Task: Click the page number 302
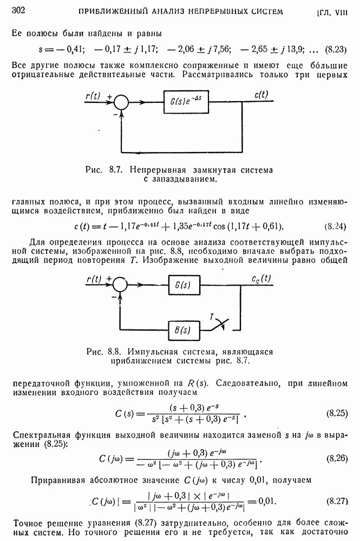click(19, 10)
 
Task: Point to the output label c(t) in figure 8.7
click(260, 94)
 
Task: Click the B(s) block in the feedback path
click(181, 329)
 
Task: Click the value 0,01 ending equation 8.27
click(269, 501)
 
